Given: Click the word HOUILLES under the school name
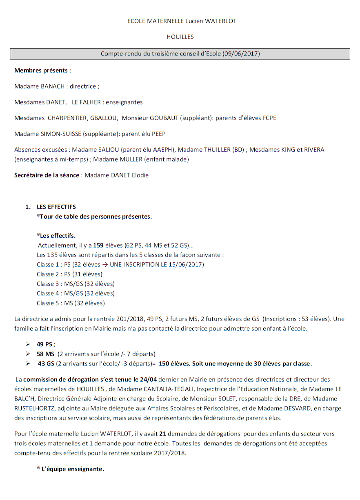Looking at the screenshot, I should pyautogui.click(x=180, y=37).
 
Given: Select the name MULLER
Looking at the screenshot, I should pyautogui.click(x=124, y=159).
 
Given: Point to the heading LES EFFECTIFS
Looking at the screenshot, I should pyautogui.click(x=56, y=207).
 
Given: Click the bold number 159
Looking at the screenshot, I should pyautogui.click(x=98, y=246).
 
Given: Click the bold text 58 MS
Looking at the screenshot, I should pyautogui.click(x=45, y=354).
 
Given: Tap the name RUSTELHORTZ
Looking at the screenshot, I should pyautogui.click(x=34, y=408).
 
